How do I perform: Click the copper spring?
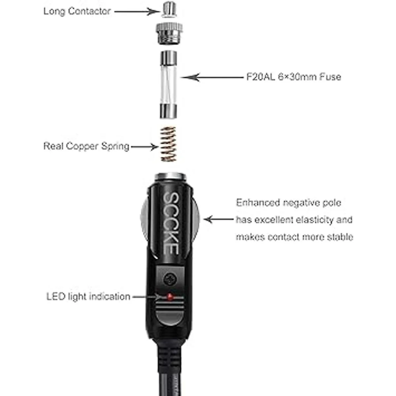tap(168, 145)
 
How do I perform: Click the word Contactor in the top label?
tap(89, 11)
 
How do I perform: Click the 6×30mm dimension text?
tap(302, 77)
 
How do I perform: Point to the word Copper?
tap(82, 146)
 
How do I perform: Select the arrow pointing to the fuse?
tap(211, 77)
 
